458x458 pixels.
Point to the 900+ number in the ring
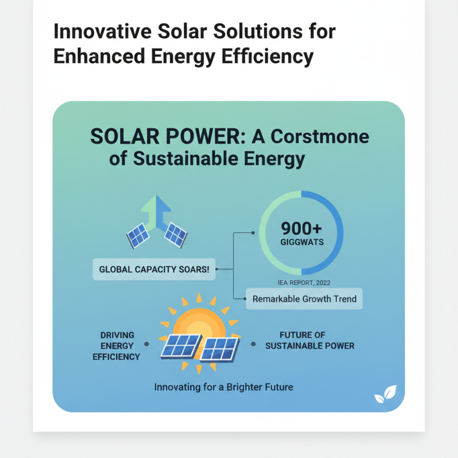[301, 228]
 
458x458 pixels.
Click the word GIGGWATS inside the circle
[301, 242]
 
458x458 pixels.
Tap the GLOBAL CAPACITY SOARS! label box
[154, 269]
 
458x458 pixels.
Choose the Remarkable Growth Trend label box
[304, 298]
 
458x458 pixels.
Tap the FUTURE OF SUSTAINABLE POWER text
[309, 340]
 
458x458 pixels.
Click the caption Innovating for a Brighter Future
[223, 387]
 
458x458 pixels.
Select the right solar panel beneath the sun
[219, 349]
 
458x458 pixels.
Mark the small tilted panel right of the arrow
[175, 235]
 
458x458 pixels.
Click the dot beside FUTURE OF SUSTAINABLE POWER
[253, 345]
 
